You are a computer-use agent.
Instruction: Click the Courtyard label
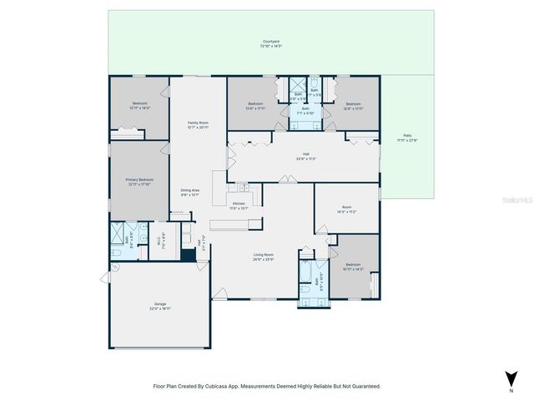click(x=270, y=41)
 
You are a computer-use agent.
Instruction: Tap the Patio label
click(x=407, y=135)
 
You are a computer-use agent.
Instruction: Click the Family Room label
click(x=198, y=122)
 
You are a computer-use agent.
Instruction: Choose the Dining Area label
click(x=189, y=191)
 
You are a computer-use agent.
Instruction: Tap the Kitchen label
click(x=239, y=202)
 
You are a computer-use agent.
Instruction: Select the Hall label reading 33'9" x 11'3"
click(x=306, y=158)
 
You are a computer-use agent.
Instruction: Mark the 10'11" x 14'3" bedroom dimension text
click(x=353, y=270)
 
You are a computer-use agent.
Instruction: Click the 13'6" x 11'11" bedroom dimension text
click(x=254, y=108)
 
